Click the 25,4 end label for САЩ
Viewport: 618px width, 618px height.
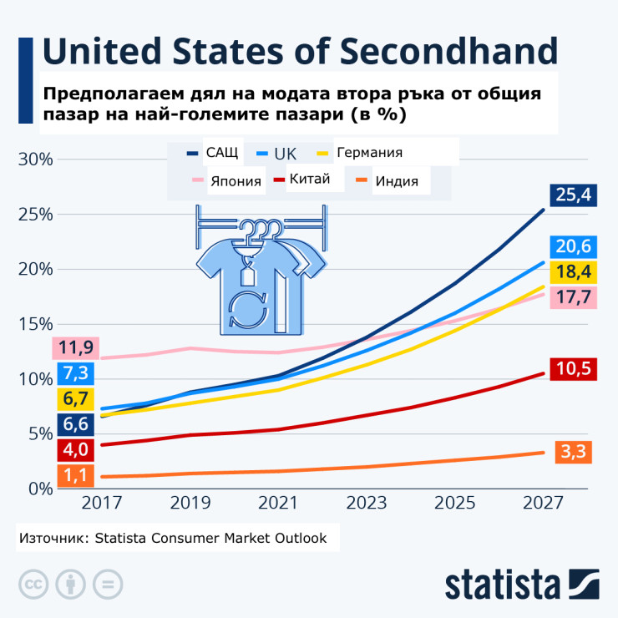click(x=572, y=195)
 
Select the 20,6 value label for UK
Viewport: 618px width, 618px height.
click(x=572, y=246)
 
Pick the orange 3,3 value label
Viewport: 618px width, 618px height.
click(x=572, y=453)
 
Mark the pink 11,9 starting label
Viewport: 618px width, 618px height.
click(x=76, y=347)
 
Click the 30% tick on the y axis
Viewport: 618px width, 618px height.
click(x=37, y=159)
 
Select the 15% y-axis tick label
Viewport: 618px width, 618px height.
click(x=37, y=324)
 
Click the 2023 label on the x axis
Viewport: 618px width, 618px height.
click(x=366, y=504)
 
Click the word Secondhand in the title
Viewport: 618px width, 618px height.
click(x=450, y=52)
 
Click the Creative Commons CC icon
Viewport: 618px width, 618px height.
click(x=33, y=582)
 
